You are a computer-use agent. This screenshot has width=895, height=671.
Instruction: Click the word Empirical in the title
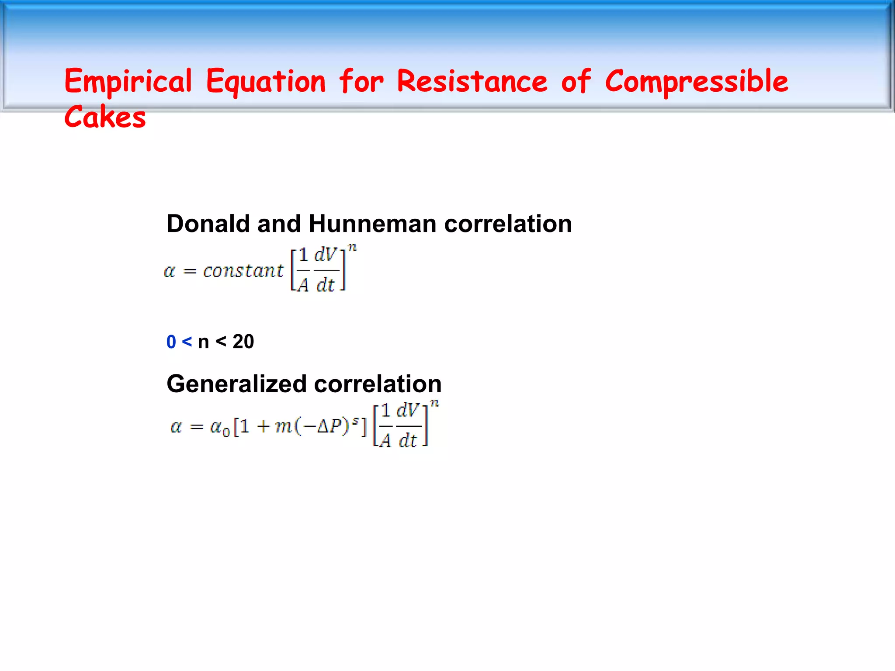coord(128,82)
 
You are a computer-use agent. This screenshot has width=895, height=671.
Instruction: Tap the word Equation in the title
coord(266,82)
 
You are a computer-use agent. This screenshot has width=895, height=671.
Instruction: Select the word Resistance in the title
coord(472,82)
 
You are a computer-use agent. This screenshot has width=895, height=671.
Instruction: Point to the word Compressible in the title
coord(697,82)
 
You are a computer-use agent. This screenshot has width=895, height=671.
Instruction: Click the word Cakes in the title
coord(105,117)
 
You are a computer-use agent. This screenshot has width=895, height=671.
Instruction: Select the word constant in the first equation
coord(243,271)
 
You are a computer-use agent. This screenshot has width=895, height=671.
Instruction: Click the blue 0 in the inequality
coord(171,342)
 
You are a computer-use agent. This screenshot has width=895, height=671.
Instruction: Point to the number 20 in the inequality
coord(243,342)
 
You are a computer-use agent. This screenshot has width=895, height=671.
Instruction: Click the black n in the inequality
coord(203,342)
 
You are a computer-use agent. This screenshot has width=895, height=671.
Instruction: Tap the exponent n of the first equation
coord(352,248)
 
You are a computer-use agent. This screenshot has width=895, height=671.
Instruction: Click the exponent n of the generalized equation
coord(434,403)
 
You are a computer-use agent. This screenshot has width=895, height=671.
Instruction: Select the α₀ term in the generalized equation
coord(219,427)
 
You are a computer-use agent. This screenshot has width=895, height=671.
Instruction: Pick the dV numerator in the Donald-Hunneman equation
coord(326,254)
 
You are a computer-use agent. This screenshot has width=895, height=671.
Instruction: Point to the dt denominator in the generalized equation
coord(408,440)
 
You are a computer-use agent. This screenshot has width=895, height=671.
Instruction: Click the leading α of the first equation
coord(170,271)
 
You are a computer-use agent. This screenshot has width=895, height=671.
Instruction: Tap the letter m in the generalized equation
coord(284,426)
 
